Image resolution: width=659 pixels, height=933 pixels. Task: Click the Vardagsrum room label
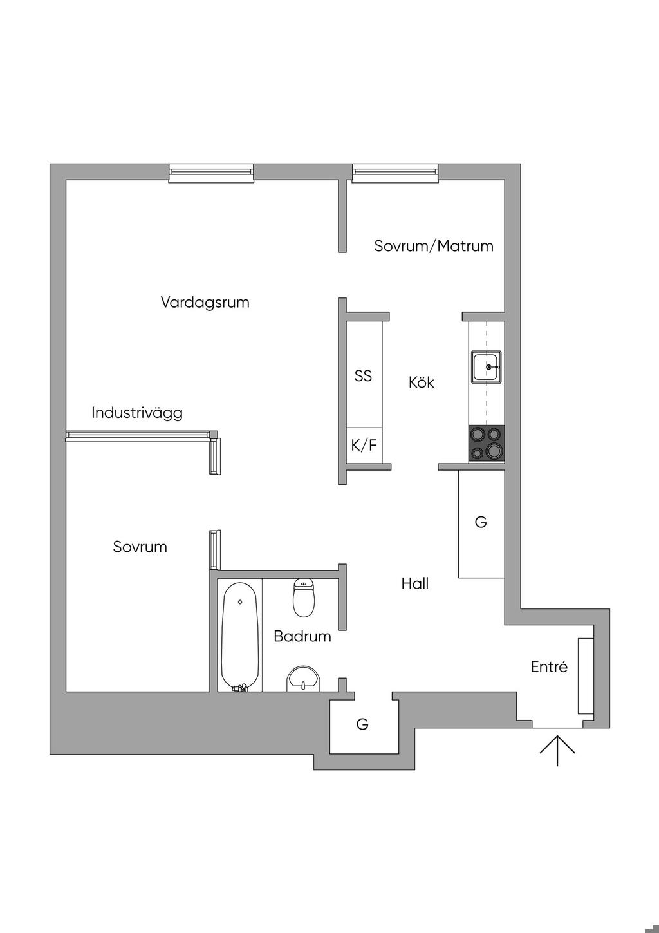point(205,302)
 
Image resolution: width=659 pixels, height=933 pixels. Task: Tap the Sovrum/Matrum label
point(434,245)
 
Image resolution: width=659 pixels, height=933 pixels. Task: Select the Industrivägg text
point(136,412)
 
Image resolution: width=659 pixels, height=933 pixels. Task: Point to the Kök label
point(422,382)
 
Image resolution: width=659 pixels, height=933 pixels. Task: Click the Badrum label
point(302,636)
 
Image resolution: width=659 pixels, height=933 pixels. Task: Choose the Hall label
point(415,583)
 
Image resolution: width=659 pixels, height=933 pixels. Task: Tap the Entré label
point(549,666)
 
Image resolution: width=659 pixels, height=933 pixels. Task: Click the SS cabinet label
point(363,375)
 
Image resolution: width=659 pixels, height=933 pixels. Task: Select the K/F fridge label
point(364,445)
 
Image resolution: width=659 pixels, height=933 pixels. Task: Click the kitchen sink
point(487,367)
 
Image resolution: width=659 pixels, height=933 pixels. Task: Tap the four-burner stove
point(487,444)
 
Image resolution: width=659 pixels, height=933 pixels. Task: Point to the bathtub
point(240,637)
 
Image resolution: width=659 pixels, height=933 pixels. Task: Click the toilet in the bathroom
point(304,597)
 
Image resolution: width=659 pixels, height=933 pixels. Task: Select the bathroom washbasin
point(303,679)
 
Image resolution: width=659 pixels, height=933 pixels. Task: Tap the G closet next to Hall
point(481,522)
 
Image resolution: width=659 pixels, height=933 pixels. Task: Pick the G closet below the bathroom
point(362,724)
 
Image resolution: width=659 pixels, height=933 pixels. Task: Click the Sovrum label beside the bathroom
point(140,547)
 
